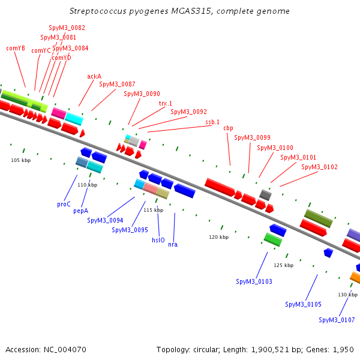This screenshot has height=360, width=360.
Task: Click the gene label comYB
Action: coord(16,48)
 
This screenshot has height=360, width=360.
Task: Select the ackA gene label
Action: coord(94,76)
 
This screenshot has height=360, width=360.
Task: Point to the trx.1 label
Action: coord(166,103)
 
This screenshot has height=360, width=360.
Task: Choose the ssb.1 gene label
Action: coord(212,122)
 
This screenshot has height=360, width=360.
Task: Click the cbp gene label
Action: coord(228,128)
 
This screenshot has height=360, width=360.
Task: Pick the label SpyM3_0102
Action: coord(319,167)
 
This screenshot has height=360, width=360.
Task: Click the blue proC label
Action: coord(64,204)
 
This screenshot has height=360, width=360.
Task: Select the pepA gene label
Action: coord(81,211)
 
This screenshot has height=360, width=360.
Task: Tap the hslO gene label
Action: coord(158,239)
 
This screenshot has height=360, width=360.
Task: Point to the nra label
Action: coord(173,244)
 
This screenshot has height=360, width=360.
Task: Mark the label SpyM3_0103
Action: coord(254,281)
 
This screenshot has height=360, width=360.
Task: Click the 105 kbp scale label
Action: coord(21,160)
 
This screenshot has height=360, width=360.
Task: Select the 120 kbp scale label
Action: coord(218,237)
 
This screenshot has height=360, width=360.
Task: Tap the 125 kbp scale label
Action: coord(283,265)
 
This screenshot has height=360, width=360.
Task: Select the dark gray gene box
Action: coord(265,194)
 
